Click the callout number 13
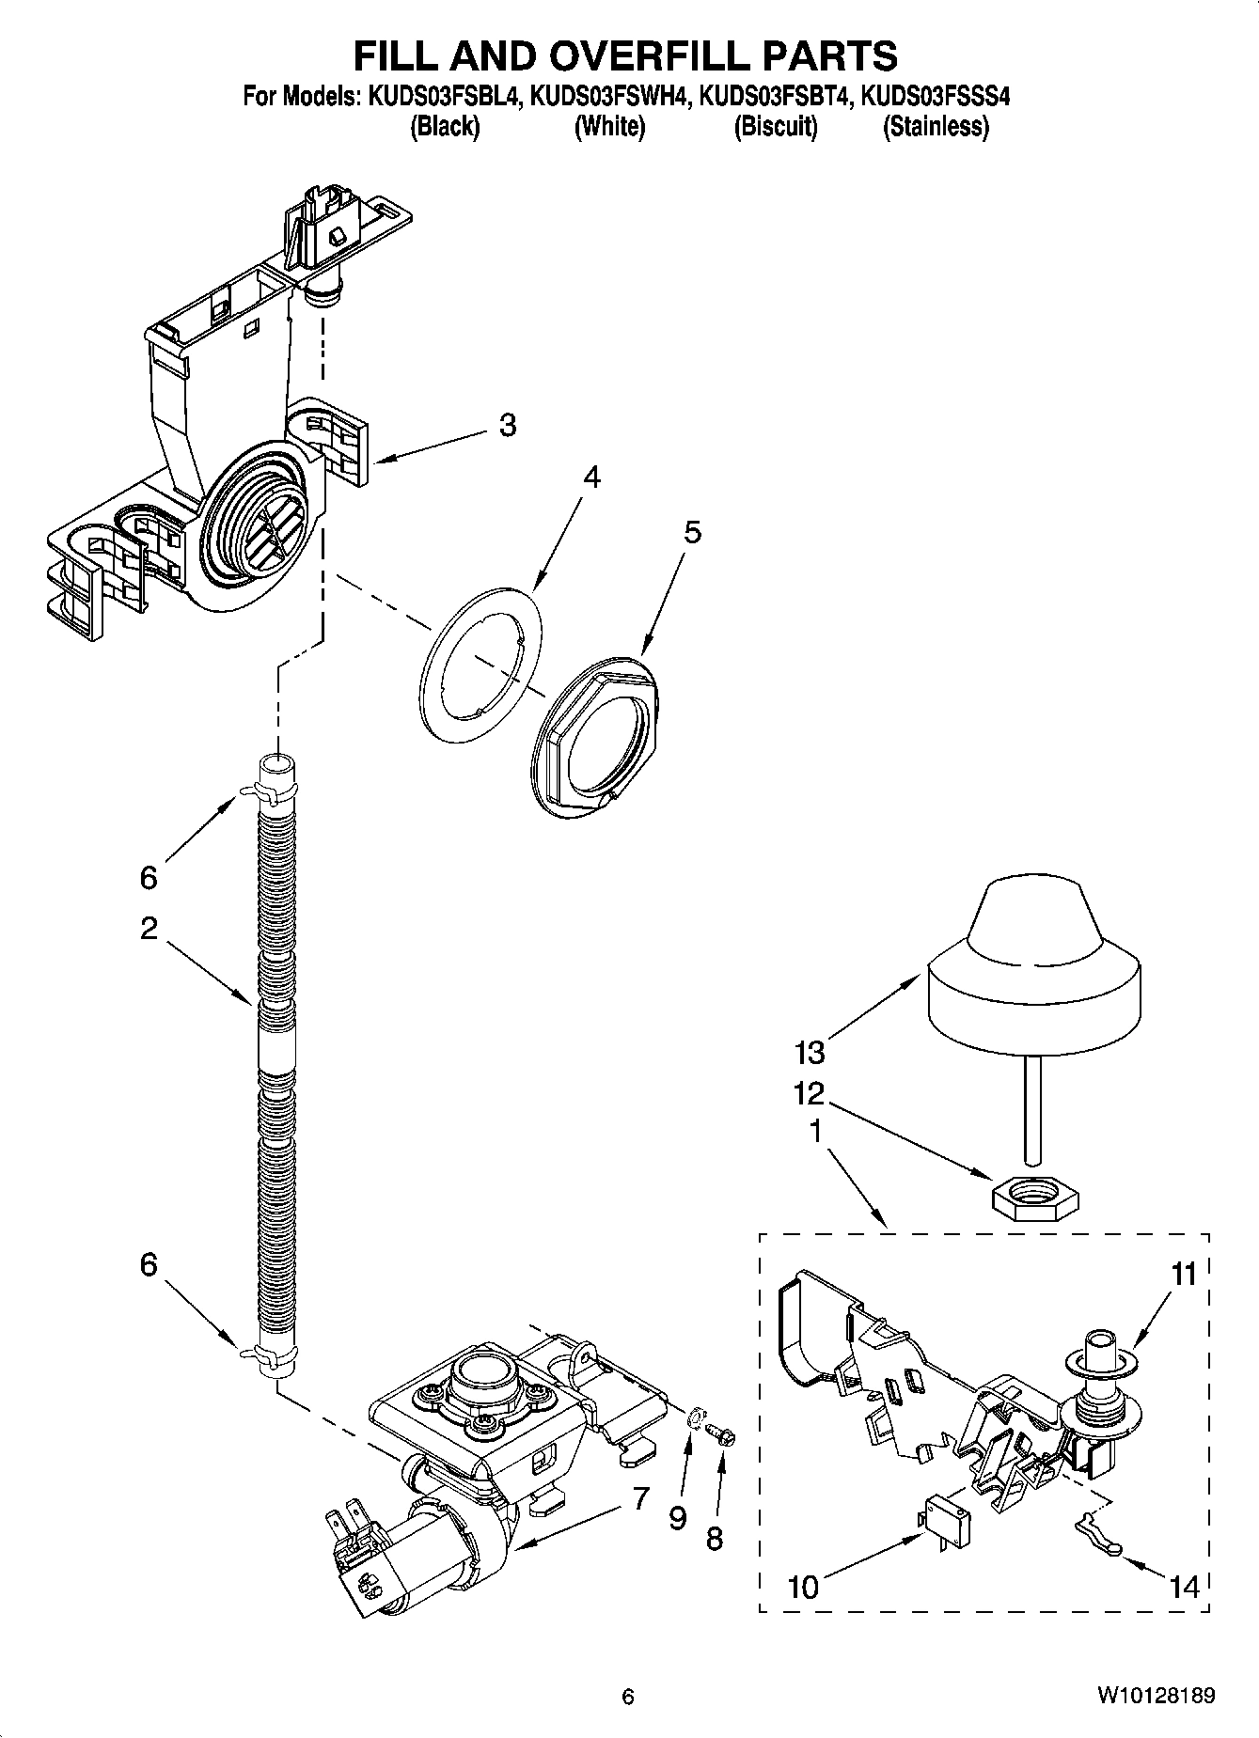coord(810,1051)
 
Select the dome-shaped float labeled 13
coord(1033,968)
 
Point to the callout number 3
coord(507,425)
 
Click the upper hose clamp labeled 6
coord(265,792)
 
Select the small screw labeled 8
coord(721,1435)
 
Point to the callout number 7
coord(640,1498)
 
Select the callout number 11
coord(1184,1276)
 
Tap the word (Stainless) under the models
coord(935,126)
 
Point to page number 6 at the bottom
coord(628,1697)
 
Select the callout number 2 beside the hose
coord(149,929)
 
